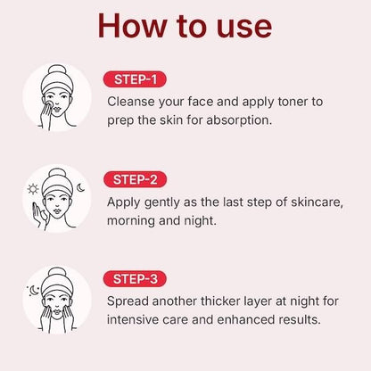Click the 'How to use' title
pos(185,25)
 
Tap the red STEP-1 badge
pos(134,78)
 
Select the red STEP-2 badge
pos(134,178)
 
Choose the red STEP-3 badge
pos(134,278)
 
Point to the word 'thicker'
pos(215,301)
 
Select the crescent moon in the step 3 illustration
pos(33,290)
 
